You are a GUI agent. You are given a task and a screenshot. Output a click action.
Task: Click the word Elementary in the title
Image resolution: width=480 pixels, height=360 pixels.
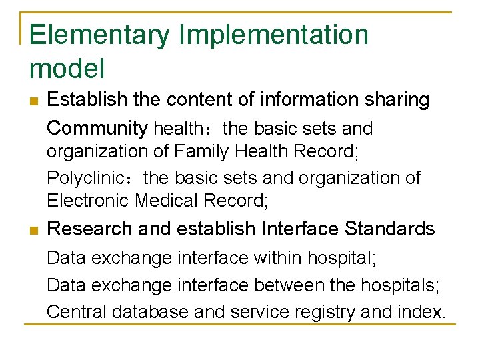(100, 35)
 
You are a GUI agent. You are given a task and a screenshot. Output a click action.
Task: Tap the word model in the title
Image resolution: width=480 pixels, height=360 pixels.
(67, 68)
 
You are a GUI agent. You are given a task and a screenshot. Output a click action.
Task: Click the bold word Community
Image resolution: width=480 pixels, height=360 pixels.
(98, 128)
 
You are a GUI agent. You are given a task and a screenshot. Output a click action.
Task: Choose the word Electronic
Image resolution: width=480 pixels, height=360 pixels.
(88, 200)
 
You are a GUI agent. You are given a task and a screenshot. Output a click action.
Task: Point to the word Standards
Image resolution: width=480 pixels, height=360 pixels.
(390, 229)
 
